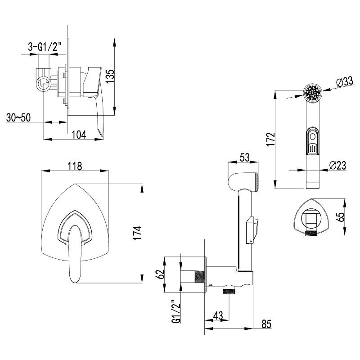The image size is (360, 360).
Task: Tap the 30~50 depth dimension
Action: [19, 117]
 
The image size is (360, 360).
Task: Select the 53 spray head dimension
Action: [245, 157]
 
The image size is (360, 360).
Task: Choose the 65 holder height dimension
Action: [342, 216]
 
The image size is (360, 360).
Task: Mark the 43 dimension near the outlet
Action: [218, 316]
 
